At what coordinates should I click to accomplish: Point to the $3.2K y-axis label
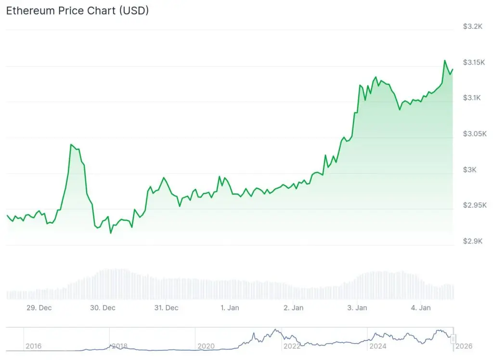click(472, 27)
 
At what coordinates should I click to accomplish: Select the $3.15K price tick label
click(474, 62)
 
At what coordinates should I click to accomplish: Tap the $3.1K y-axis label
click(472, 98)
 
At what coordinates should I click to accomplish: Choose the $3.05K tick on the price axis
click(474, 133)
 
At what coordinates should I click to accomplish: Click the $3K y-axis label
click(470, 170)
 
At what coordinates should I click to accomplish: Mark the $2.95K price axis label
click(474, 205)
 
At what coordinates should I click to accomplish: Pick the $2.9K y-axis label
click(472, 241)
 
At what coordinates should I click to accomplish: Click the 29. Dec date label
click(39, 307)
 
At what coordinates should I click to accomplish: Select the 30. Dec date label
click(102, 307)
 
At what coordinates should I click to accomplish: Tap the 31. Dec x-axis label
click(166, 307)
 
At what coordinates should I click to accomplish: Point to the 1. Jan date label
click(230, 307)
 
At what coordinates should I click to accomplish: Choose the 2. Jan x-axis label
click(293, 307)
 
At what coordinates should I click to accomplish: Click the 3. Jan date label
click(357, 307)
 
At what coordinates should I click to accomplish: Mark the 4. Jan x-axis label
click(420, 307)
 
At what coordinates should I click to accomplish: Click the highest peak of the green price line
click(444, 61)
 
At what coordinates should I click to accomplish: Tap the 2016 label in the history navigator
click(33, 346)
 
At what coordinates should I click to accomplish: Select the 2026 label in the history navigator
click(465, 346)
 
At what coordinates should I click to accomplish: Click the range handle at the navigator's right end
click(453, 339)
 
